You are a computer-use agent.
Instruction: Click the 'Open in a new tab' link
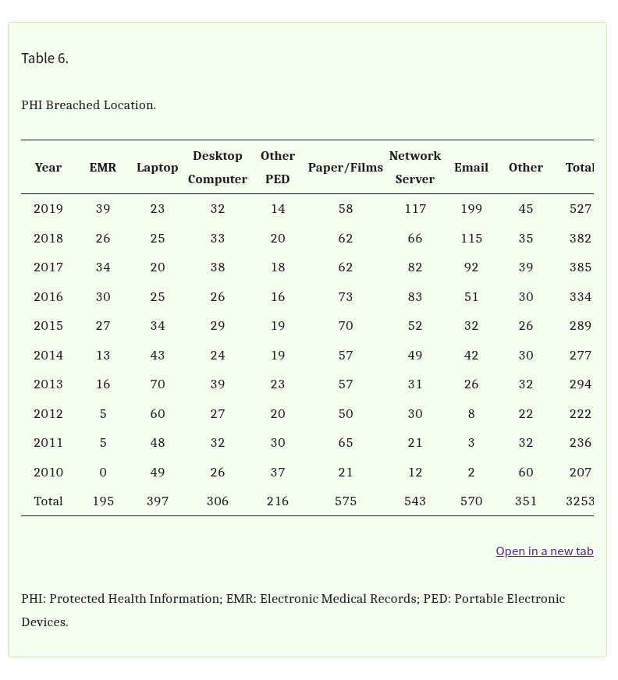click(x=544, y=551)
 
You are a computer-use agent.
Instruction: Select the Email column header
click(x=471, y=168)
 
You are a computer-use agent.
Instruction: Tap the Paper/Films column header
click(x=345, y=168)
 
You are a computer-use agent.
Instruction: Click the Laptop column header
click(x=158, y=168)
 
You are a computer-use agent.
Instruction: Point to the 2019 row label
click(x=48, y=209)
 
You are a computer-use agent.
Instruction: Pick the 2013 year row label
click(x=48, y=384)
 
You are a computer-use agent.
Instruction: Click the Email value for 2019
click(x=471, y=209)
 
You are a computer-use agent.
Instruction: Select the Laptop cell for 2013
click(x=158, y=384)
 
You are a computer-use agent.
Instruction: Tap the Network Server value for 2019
click(x=415, y=209)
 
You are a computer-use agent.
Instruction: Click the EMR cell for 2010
click(x=103, y=473)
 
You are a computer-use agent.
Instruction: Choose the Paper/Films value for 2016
click(x=346, y=297)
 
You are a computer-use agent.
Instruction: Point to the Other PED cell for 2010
click(x=278, y=473)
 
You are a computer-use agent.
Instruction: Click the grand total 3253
click(x=580, y=501)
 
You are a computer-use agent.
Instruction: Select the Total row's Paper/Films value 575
click(x=346, y=501)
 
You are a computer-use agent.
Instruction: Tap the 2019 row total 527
click(x=581, y=209)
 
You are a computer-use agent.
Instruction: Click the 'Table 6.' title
click(x=44, y=58)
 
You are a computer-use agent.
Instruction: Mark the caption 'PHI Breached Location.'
click(x=88, y=105)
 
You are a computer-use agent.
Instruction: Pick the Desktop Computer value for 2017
click(x=218, y=267)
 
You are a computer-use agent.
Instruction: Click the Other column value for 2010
click(x=526, y=473)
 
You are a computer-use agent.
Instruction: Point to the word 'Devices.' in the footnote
click(x=44, y=622)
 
